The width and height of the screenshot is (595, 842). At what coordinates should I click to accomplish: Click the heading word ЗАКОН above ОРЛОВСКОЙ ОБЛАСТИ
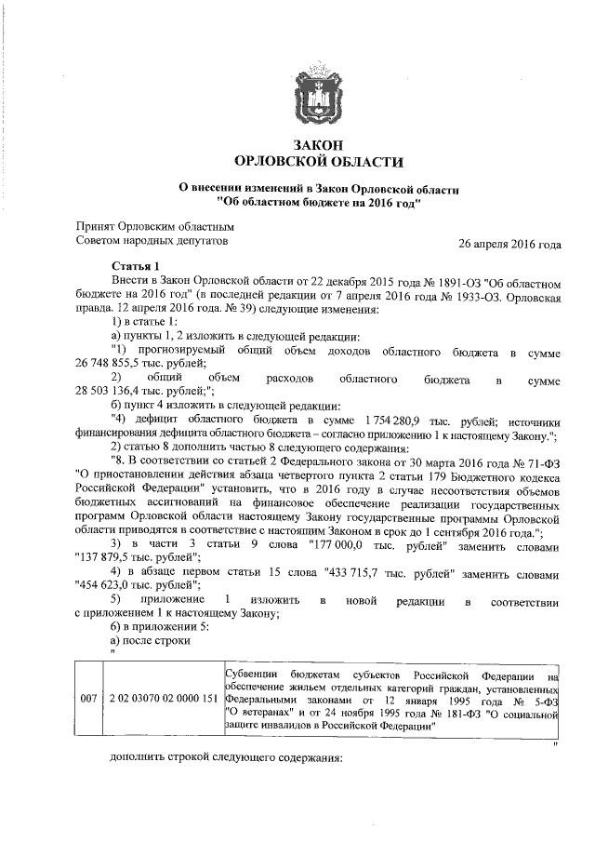318,146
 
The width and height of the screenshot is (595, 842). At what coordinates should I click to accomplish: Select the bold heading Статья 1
136,267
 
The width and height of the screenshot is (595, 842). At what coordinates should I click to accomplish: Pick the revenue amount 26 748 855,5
113,363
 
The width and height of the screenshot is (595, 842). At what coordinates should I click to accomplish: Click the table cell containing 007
87,699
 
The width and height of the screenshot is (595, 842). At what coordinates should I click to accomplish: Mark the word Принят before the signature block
97,226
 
